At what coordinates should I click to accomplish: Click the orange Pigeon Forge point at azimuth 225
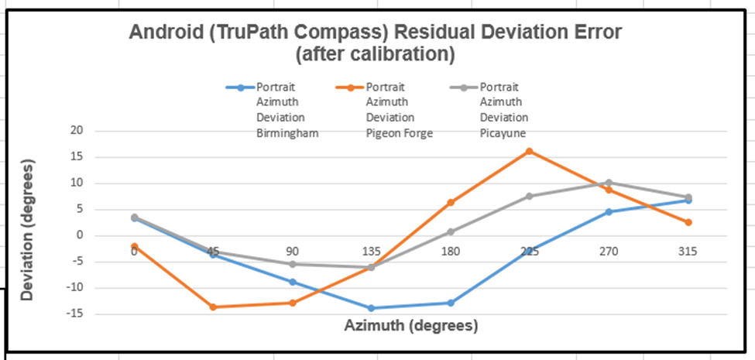click(x=530, y=151)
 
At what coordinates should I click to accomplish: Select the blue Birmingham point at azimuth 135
click(x=371, y=308)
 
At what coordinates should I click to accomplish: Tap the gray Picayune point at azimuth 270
click(x=609, y=183)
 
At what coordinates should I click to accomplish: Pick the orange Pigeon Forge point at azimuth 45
click(x=213, y=307)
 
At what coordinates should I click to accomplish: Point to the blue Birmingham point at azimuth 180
click(x=450, y=303)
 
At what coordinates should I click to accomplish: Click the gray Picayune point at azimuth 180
click(x=450, y=231)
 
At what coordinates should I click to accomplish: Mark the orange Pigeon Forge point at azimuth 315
click(x=688, y=222)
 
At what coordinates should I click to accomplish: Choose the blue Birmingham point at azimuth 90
click(x=292, y=282)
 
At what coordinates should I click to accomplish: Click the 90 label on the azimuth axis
click(x=292, y=251)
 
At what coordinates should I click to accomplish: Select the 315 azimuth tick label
click(x=688, y=251)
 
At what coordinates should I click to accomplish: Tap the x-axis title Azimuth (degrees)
click(x=410, y=325)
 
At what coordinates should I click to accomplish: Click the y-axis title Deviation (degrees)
click(x=28, y=229)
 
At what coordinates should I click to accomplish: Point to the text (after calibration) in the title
click(x=375, y=55)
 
